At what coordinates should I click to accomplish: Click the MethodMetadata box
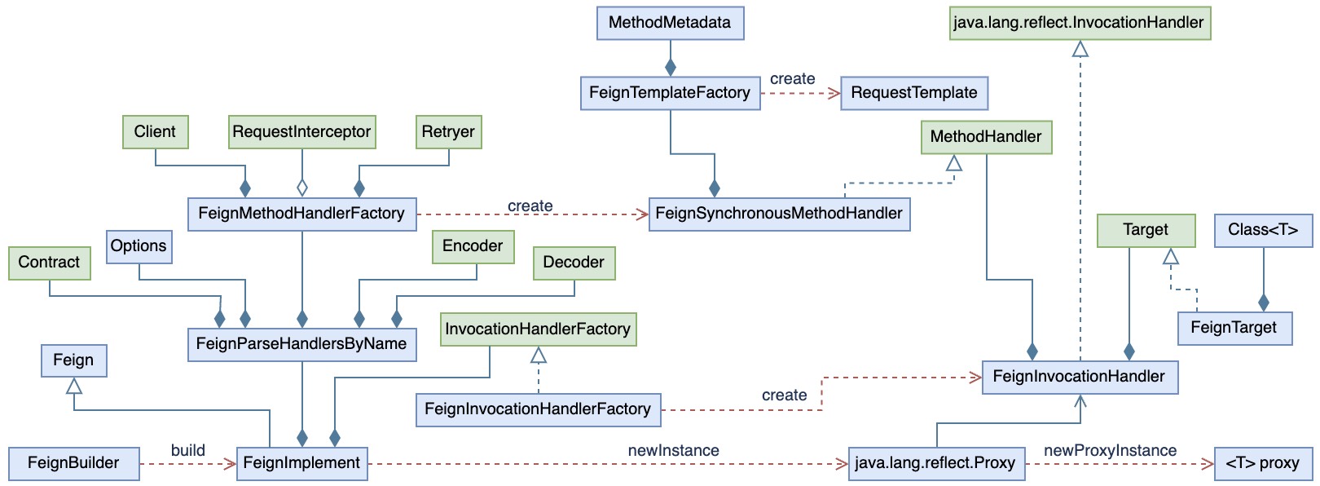coord(670,23)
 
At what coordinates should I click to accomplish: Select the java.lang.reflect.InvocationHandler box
coord(1080,23)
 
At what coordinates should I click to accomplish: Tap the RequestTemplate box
coord(914,93)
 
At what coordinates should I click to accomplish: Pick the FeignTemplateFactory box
coord(670,93)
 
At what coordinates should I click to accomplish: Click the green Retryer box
coord(448,131)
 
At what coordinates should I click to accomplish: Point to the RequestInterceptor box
coord(301,131)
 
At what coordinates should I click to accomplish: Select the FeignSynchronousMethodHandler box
coord(779,214)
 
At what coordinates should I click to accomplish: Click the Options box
coord(139,246)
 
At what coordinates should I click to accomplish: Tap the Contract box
coord(50,263)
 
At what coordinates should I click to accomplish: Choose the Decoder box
coord(574,263)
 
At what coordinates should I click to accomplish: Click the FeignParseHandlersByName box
coord(301,344)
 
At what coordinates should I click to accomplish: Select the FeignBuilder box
coord(73,463)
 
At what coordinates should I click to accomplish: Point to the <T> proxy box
coord(1263,463)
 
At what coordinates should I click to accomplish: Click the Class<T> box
coord(1263,230)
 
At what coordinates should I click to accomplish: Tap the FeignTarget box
coord(1234,328)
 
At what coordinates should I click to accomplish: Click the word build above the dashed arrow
coord(188,450)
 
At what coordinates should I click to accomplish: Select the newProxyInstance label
coord(1111,451)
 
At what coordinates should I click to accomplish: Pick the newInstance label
coord(674,451)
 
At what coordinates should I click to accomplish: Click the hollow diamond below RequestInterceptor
coord(301,188)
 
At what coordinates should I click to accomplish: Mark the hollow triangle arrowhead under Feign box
coord(73,386)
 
